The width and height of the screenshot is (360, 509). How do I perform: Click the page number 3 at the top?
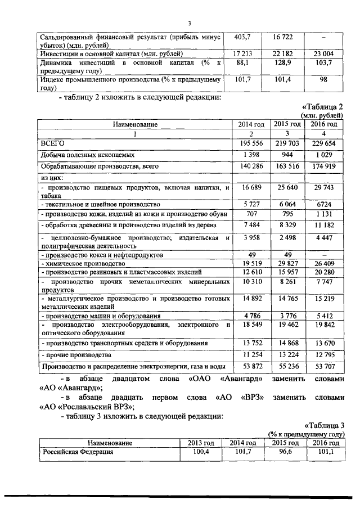[190, 22]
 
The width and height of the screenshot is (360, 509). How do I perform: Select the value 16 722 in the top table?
[283, 36]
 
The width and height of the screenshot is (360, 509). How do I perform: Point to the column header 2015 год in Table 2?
[286, 124]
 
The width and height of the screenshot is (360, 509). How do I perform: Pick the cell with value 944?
[287, 154]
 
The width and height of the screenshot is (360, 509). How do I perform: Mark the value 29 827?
[287, 263]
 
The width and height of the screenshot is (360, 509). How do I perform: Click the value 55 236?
[287, 367]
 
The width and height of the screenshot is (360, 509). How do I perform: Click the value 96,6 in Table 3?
[286, 452]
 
